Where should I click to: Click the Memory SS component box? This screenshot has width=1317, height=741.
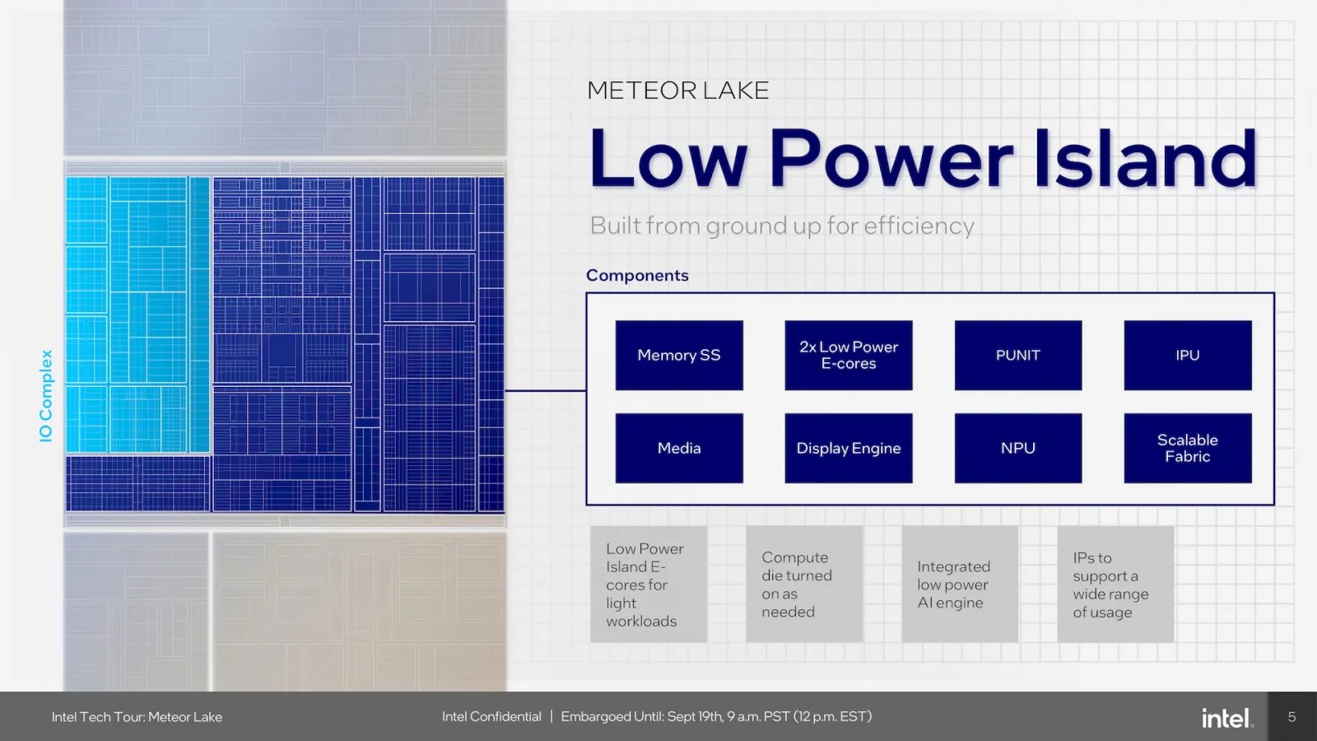tap(679, 355)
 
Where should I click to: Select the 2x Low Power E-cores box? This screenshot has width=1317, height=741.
tap(849, 355)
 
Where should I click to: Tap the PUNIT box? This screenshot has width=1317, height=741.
tap(1018, 355)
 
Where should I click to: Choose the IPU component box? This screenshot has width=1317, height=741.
tap(1188, 355)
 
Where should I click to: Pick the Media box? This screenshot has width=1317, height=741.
tap(679, 448)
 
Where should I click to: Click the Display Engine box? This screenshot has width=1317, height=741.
tap(849, 448)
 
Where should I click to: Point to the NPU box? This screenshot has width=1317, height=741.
tap(1018, 448)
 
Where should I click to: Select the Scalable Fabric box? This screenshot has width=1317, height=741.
tap(1188, 448)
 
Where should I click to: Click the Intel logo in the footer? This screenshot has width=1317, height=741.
tap(1226, 718)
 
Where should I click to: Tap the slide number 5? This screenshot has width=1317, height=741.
tap(1291, 717)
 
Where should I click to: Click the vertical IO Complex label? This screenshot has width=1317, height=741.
tap(46, 396)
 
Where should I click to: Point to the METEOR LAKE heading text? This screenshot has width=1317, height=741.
tap(677, 91)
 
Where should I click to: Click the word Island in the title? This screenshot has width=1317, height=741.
tap(1145, 158)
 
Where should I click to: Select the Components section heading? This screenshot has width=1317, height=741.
tap(637, 275)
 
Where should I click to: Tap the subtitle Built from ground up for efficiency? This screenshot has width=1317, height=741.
tap(782, 226)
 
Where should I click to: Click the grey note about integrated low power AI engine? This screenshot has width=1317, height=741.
tap(960, 585)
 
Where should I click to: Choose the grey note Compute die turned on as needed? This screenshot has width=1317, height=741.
tap(804, 585)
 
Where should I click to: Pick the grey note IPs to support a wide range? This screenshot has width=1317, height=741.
tap(1115, 585)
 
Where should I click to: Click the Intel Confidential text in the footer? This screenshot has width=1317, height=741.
tap(491, 716)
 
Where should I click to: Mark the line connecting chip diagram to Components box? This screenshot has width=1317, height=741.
tap(545, 390)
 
